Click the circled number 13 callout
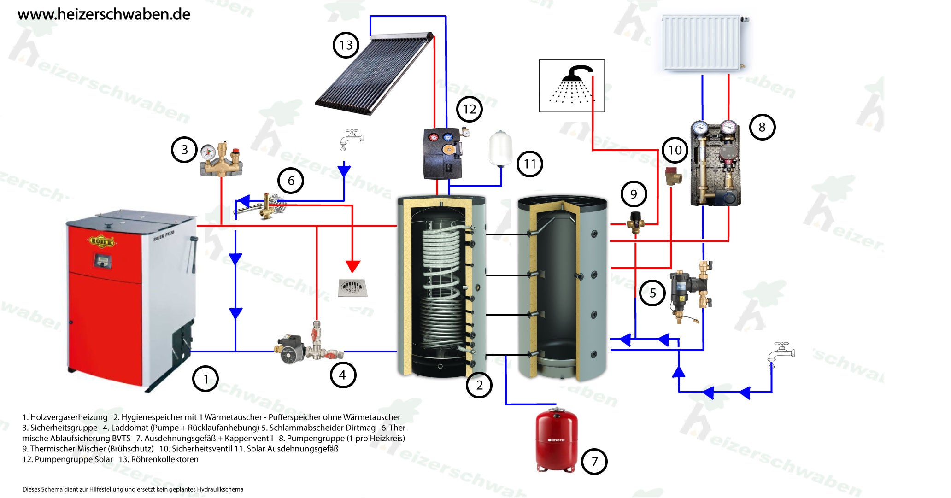tap(346, 45)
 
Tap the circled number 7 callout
tap(594, 461)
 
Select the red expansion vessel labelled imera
tap(557, 440)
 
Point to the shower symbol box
tap(572, 86)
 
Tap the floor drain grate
tap(352, 287)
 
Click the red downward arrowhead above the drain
tap(352, 267)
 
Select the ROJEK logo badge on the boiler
tap(101, 241)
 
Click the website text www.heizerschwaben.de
tap(104, 14)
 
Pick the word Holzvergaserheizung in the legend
tap(69, 417)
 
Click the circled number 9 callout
tap(634, 194)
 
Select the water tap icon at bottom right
tap(781, 354)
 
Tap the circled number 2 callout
tap(479, 385)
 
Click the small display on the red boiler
tap(101, 260)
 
